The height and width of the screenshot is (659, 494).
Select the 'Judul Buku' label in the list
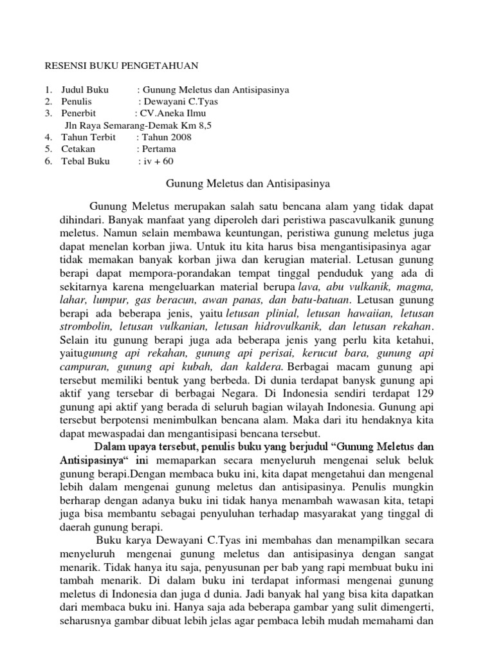tap(85, 89)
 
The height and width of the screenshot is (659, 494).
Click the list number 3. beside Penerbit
tap(48, 113)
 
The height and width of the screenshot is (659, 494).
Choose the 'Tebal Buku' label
tap(86, 161)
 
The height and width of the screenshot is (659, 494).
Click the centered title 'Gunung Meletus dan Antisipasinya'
tap(248, 184)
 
